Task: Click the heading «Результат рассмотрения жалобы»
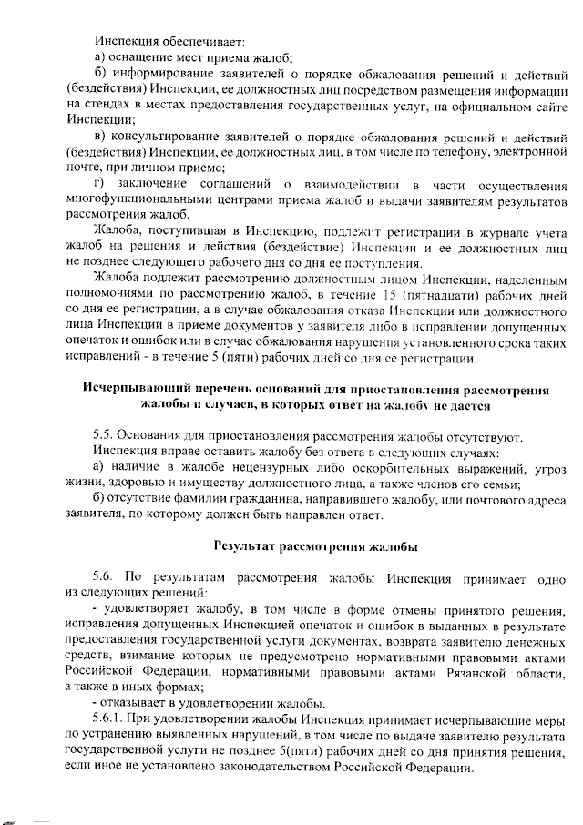click(x=316, y=547)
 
